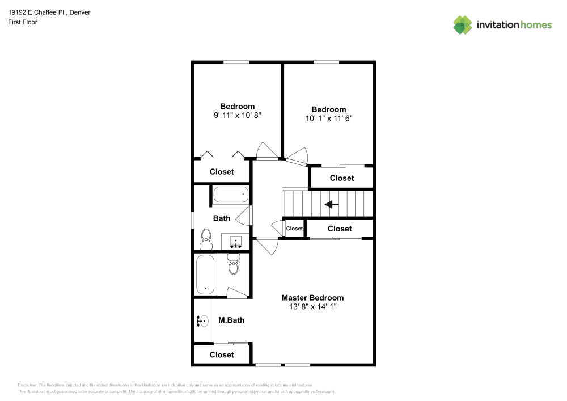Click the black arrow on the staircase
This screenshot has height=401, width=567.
click(x=332, y=205)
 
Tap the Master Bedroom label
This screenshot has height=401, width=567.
click(x=312, y=298)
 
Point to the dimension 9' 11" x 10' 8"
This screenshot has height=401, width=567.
click(x=237, y=115)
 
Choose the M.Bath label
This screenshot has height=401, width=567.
click(x=231, y=320)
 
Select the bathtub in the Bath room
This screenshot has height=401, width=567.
click(x=231, y=195)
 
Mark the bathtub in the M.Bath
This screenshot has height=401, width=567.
click(x=205, y=274)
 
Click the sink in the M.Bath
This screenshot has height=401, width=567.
click(x=202, y=322)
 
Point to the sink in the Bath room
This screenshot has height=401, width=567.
click(x=236, y=242)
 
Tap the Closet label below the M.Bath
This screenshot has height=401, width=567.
click(x=222, y=355)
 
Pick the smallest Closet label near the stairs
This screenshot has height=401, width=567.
click(x=294, y=229)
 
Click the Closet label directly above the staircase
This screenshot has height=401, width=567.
click(x=342, y=178)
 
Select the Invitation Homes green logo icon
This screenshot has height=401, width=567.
click(x=462, y=24)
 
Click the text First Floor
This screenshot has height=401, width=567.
click(x=23, y=22)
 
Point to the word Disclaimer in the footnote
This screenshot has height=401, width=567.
click(x=28, y=385)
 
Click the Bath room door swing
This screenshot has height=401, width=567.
click(x=245, y=216)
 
